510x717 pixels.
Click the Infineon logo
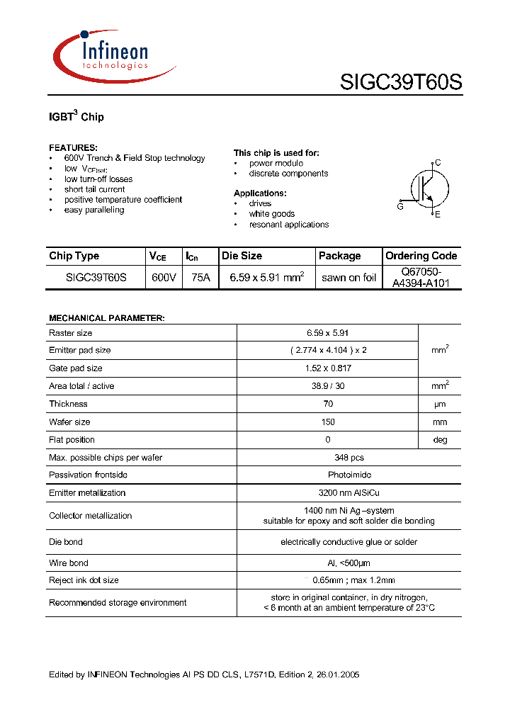click(113, 55)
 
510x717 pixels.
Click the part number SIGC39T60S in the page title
click(400, 83)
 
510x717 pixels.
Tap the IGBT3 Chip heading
click(76, 116)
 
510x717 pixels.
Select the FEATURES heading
click(73, 147)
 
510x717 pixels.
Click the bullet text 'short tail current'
click(94, 189)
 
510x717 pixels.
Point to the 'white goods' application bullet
click(271, 214)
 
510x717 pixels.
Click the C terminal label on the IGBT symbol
click(438, 163)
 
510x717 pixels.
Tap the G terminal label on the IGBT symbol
click(400, 206)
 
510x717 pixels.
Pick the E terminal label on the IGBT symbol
click(437, 215)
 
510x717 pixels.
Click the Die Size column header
click(242, 256)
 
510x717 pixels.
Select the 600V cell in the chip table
click(164, 278)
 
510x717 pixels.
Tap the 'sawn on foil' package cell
click(348, 278)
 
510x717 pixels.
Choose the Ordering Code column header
click(421, 256)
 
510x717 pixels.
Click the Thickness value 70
click(328, 404)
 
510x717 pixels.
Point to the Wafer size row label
click(69, 422)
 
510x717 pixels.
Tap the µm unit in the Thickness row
click(440, 404)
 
